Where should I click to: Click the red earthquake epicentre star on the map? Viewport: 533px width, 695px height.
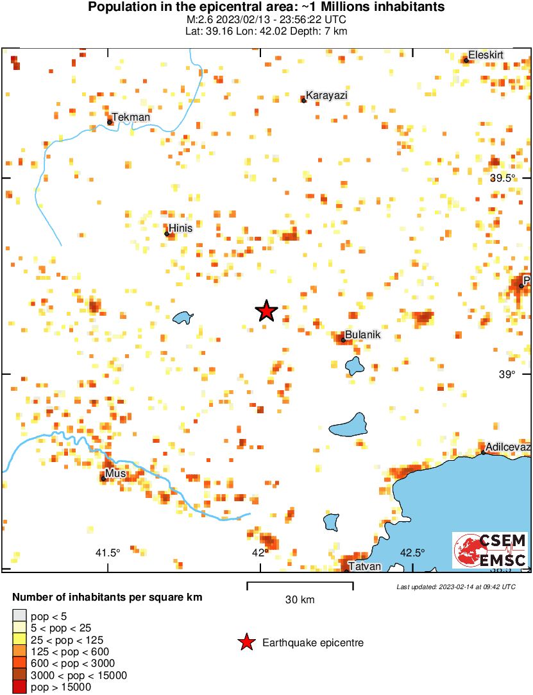pos(266,311)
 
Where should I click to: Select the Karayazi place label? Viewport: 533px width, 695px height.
pos(326,96)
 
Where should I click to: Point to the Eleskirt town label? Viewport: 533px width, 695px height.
pos(486,55)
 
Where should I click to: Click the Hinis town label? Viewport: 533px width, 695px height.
pos(180,228)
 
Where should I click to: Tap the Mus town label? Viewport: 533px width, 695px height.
pos(116,474)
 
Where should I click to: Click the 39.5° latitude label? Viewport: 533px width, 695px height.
pos(502,178)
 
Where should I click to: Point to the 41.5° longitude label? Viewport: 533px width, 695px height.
pos(108,553)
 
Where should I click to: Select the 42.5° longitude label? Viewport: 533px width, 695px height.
pos(412,553)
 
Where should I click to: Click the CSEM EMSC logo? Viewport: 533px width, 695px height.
pos(491,550)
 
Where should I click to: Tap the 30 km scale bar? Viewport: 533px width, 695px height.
pos(300,583)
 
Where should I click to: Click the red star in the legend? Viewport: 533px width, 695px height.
pos(245,642)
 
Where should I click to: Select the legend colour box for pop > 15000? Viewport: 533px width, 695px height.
pos(20,687)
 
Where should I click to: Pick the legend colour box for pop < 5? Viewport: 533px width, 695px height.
pos(20,617)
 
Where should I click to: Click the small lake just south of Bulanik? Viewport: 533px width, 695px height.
pos(353,366)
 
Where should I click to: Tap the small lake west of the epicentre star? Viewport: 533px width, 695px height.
pos(183,318)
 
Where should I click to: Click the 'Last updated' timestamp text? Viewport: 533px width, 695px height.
pos(455,587)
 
